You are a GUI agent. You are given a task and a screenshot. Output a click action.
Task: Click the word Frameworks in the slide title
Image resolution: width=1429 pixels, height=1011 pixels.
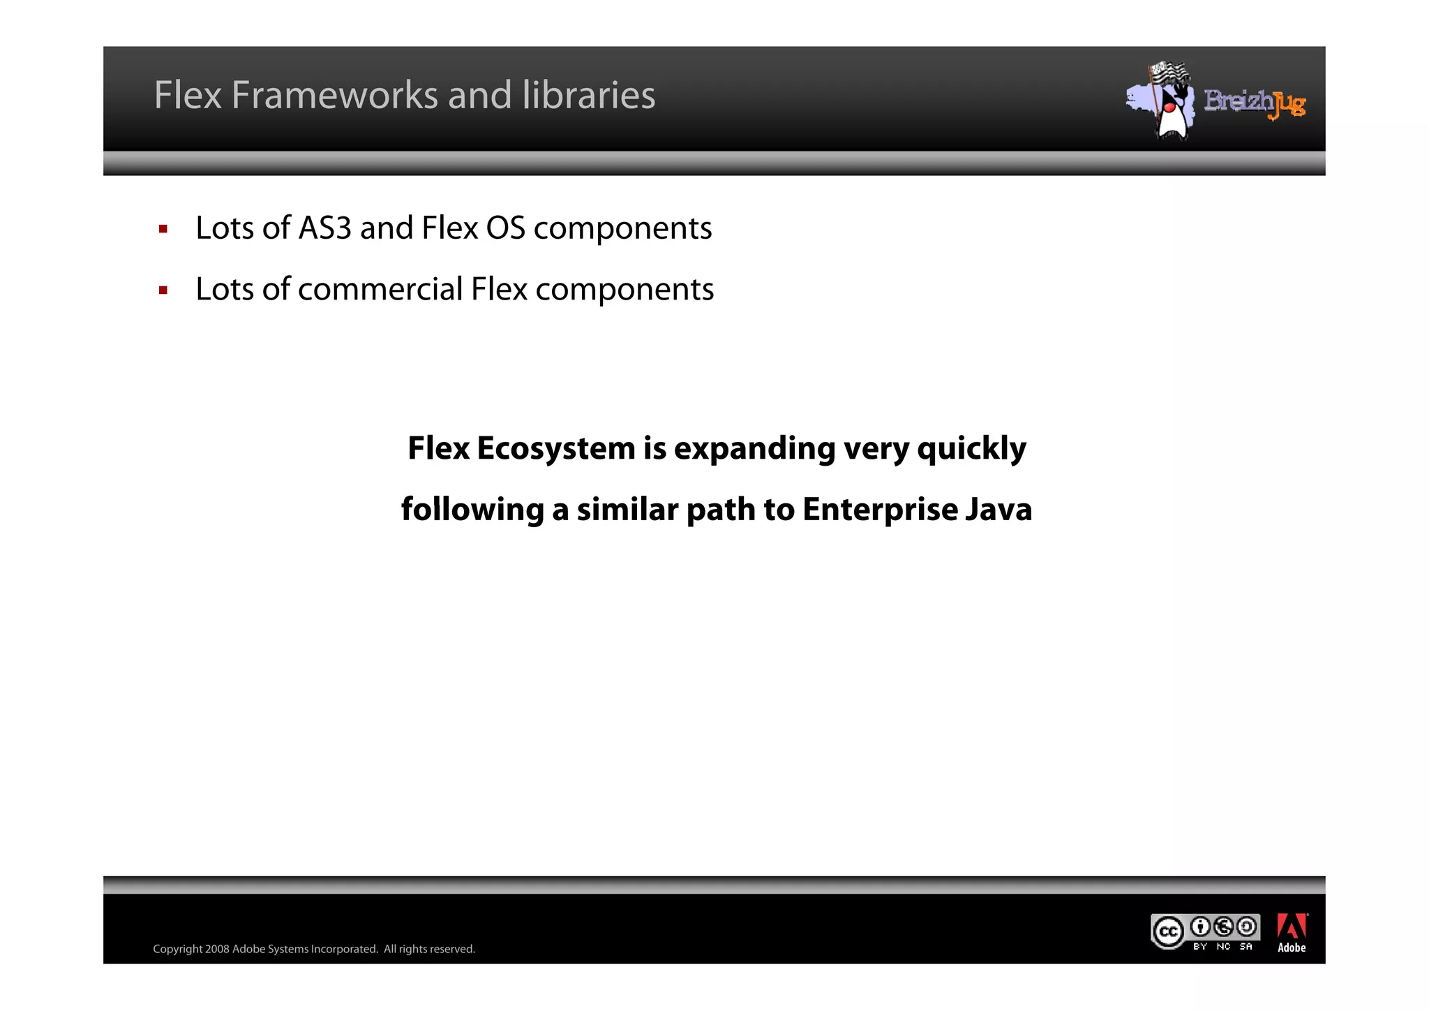335,95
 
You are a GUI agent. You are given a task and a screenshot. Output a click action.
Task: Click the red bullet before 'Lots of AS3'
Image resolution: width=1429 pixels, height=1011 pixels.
163,229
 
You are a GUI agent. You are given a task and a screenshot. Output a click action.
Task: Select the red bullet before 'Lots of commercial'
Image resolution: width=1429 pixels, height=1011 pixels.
163,290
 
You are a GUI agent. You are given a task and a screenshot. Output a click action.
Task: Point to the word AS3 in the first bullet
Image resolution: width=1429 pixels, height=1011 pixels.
324,228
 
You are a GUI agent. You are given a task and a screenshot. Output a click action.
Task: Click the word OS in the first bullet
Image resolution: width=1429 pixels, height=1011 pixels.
505,228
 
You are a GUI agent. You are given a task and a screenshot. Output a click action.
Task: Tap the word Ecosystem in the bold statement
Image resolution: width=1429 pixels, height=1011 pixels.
555,448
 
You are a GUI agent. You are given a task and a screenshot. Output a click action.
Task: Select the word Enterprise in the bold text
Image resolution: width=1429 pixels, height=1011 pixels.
879,510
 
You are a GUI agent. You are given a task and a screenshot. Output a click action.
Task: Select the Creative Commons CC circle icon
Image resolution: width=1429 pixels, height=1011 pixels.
1167,932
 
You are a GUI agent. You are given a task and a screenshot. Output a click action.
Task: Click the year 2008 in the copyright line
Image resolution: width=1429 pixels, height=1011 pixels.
217,950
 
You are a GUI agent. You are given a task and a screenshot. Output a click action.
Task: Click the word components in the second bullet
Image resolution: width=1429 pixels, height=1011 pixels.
624,290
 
